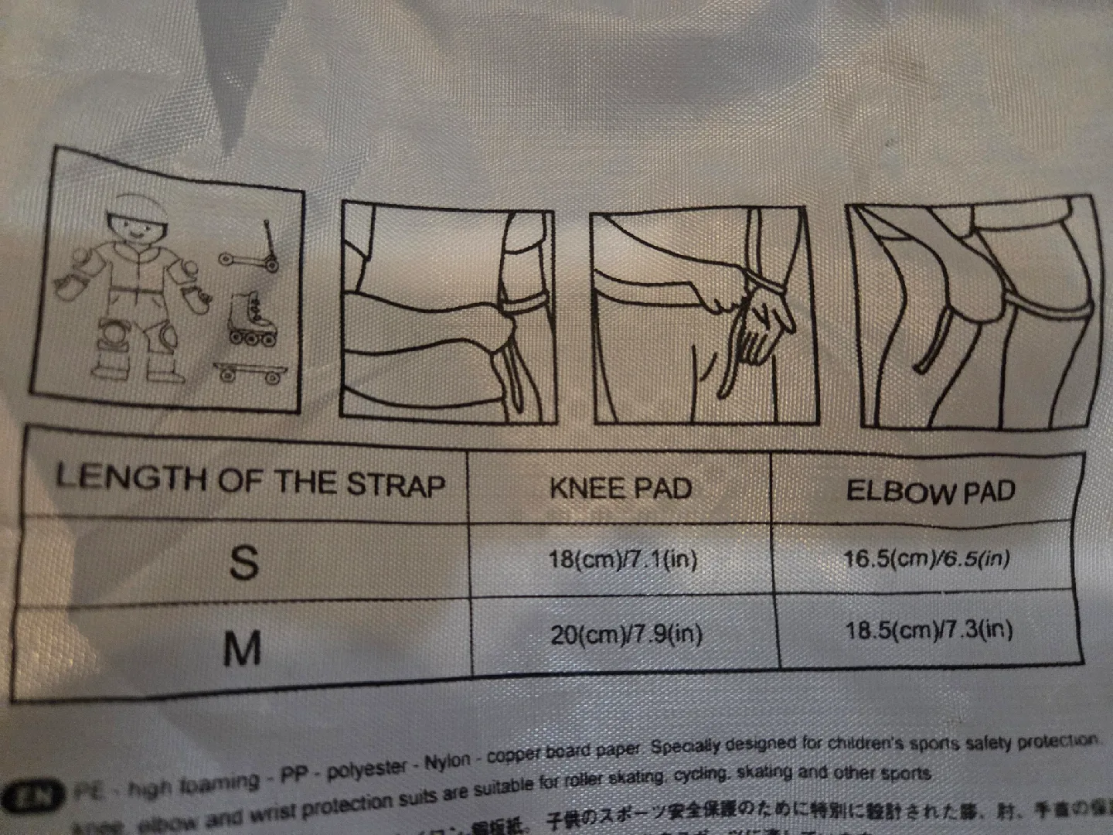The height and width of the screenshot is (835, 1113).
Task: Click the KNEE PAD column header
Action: [621, 488]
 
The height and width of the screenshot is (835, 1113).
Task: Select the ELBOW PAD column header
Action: [930, 491]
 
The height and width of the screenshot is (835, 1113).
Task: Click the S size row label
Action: [244, 563]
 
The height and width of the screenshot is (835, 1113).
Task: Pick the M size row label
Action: [242, 648]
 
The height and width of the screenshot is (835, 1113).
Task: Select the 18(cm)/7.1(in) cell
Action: [623, 558]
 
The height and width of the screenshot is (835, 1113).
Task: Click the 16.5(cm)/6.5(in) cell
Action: [926, 558]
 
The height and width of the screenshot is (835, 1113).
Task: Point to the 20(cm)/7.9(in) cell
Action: [626, 635]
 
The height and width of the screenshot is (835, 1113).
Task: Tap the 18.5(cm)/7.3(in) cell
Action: [928, 630]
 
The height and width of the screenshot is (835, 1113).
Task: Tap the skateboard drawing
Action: [250, 373]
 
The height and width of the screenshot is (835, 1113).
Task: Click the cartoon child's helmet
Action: [141, 206]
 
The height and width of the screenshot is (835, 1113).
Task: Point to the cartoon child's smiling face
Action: [140, 228]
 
